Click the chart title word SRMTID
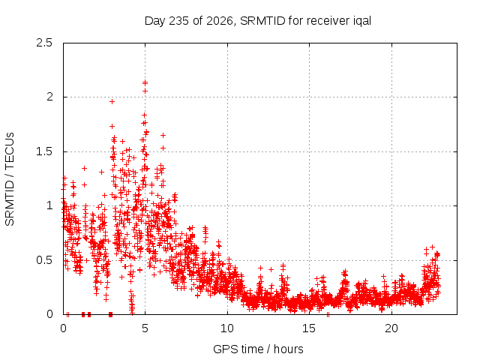262,21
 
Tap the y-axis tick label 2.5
44,43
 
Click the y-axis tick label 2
49,97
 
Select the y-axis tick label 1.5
44,151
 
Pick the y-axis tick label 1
50,205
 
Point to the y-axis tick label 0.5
44,260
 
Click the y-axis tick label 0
49,314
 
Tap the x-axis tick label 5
145,328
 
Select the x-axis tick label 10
227,328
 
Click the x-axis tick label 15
309,328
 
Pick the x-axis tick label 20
391,328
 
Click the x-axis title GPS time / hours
258,349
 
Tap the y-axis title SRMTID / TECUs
10,179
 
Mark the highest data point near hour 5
145,82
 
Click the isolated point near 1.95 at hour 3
112,101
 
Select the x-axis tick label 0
63,328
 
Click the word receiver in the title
327,21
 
